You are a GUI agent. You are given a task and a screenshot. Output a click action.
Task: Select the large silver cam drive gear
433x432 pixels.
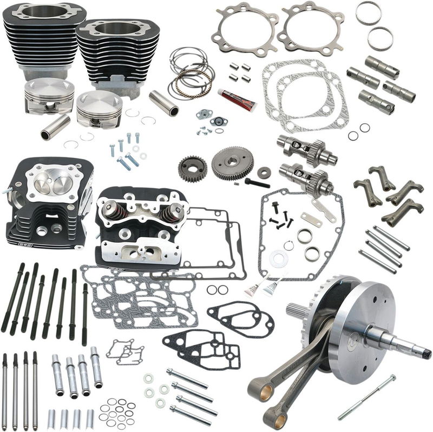click(x=232, y=163)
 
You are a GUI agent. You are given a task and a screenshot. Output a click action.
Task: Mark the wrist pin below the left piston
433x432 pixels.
click(x=56, y=127)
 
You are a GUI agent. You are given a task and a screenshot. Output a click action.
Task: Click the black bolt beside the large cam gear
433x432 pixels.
click(x=257, y=182)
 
